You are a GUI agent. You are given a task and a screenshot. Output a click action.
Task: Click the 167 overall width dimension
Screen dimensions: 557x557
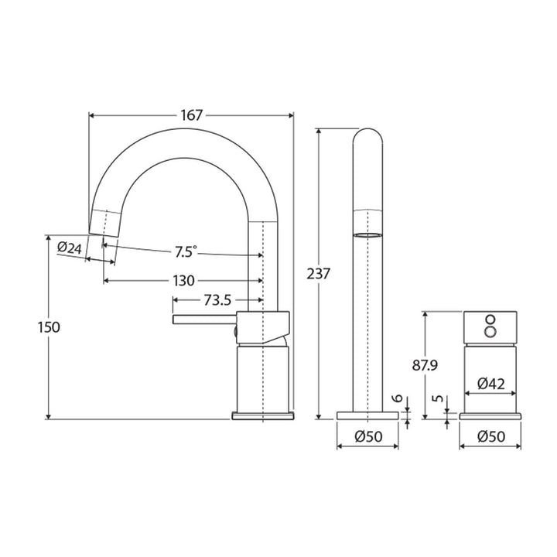click(192, 115)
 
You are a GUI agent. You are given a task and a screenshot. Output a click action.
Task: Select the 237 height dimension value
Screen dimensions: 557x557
click(319, 273)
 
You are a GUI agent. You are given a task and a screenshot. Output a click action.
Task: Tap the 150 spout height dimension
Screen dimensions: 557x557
click(49, 326)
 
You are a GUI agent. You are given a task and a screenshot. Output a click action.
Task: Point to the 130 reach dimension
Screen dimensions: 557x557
click(183, 280)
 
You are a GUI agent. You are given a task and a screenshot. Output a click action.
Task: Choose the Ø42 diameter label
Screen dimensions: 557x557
click(491, 383)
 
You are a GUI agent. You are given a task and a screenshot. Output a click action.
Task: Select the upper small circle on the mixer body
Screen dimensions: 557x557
click(490, 319)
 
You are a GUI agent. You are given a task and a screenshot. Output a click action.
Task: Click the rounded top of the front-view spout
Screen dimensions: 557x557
click(367, 139)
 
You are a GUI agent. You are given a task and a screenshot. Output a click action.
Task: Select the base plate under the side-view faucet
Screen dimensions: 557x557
click(264, 416)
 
